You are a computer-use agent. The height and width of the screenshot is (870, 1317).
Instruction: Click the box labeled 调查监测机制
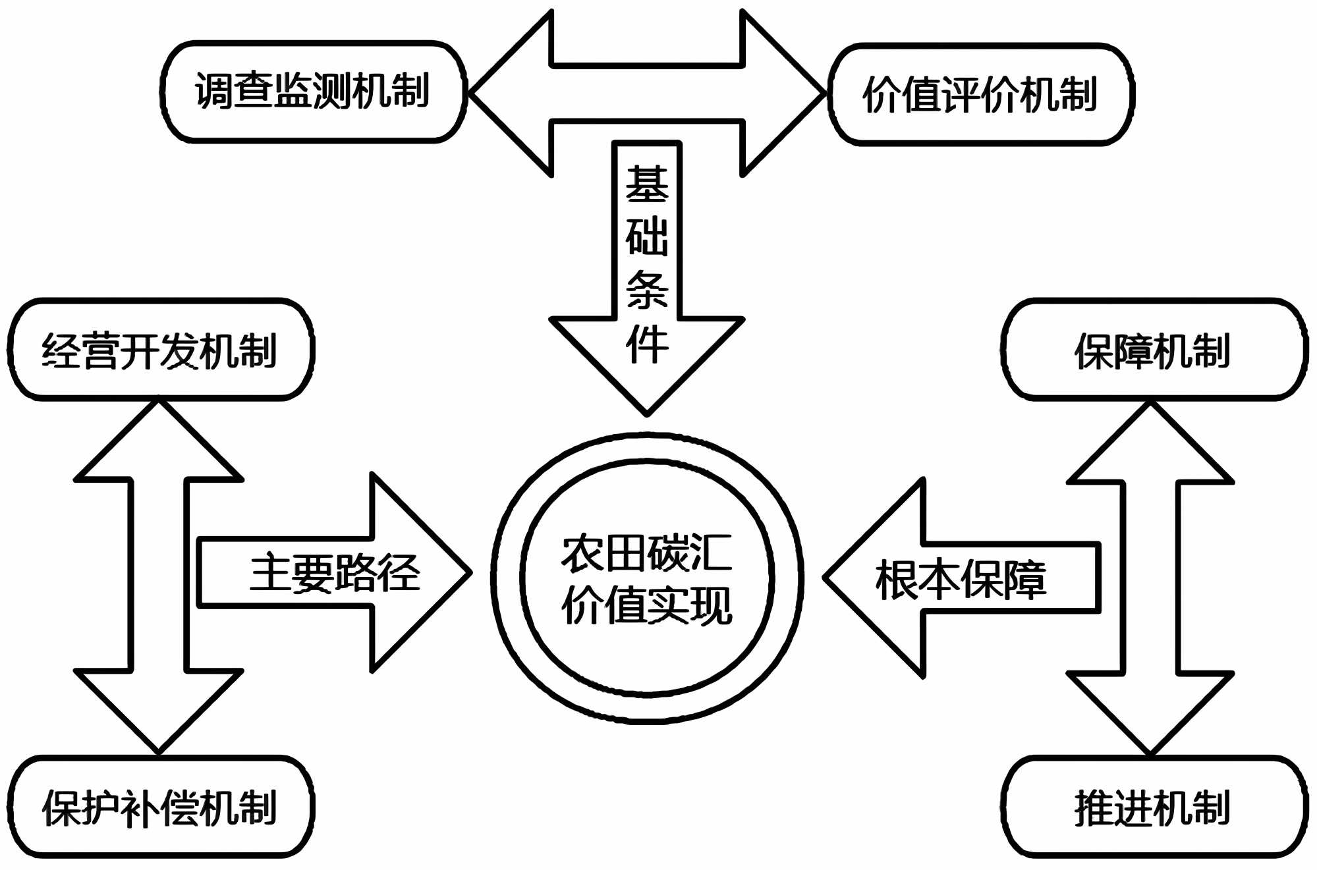[313, 92]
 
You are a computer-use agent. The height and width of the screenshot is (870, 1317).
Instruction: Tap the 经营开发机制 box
[160, 350]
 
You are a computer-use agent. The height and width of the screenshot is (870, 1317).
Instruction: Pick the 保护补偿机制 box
[160, 807]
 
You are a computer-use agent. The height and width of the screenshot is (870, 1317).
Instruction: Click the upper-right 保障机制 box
[1154, 350]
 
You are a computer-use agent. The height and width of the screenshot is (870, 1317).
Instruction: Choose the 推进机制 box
[1154, 807]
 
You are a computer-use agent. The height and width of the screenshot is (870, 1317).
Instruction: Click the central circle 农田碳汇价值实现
[647, 578]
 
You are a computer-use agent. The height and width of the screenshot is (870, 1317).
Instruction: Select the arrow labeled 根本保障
[961, 579]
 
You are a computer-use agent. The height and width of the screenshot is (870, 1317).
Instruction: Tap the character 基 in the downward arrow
[647, 184]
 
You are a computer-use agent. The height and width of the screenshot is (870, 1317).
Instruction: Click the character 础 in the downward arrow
[647, 236]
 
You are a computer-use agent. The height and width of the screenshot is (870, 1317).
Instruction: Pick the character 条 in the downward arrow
[647, 290]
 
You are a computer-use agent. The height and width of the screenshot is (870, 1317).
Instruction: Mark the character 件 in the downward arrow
[647, 343]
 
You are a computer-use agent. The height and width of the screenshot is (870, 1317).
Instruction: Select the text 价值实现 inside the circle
[647, 605]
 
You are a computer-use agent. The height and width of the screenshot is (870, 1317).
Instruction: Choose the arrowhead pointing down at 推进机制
[1150, 711]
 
